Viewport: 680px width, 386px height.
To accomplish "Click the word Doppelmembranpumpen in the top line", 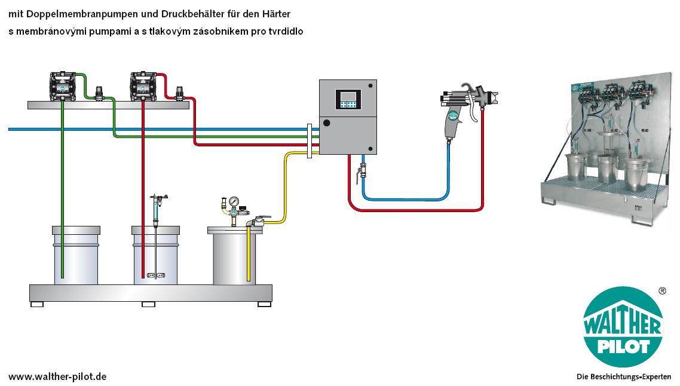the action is (x=82, y=14).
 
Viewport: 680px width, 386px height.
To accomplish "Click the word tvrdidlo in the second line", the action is (x=286, y=31).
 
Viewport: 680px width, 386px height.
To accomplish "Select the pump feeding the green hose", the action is (x=63, y=86).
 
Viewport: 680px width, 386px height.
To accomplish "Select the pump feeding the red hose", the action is (x=143, y=86).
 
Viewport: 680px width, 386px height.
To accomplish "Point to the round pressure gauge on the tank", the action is (x=234, y=201).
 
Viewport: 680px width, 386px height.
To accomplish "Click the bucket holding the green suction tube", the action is (x=76, y=255).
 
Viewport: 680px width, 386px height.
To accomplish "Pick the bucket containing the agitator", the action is (x=156, y=255).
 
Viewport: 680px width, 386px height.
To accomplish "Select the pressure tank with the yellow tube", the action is (x=235, y=256).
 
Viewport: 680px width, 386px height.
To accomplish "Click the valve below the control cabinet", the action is (x=362, y=170).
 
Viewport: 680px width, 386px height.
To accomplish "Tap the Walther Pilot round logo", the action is (x=623, y=327).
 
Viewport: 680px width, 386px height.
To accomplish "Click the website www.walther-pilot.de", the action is (x=57, y=376).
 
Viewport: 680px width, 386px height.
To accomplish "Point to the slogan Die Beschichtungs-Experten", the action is (x=624, y=377).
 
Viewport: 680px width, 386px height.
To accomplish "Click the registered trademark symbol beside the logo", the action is (x=662, y=291).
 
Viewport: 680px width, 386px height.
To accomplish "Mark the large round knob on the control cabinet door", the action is (x=327, y=123).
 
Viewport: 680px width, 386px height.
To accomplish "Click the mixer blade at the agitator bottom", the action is (x=156, y=274).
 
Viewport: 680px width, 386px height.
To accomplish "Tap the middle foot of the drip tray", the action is (x=148, y=305).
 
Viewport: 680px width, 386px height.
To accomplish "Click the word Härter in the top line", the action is (x=276, y=14).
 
